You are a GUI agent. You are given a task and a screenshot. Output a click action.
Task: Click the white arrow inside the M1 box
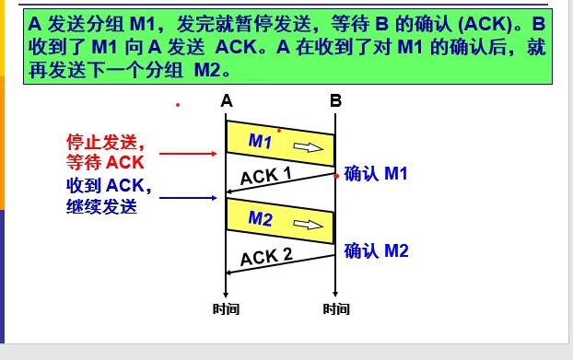(x=310, y=146)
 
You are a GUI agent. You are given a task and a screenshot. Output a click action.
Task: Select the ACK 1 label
(x=266, y=175)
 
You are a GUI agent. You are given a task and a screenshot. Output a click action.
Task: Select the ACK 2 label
(x=266, y=256)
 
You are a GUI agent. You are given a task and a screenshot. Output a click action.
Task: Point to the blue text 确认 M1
(x=376, y=173)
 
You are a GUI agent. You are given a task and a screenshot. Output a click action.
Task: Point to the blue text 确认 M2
(x=376, y=250)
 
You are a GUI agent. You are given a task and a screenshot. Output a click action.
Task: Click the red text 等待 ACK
(x=106, y=162)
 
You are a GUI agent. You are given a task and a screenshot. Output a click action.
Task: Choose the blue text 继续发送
(x=101, y=206)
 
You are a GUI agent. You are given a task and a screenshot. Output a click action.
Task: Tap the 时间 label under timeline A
(x=226, y=309)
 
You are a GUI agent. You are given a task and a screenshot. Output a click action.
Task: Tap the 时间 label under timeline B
(x=336, y=309)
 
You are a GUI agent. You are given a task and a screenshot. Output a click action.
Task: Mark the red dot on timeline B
(x=336, y=174)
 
